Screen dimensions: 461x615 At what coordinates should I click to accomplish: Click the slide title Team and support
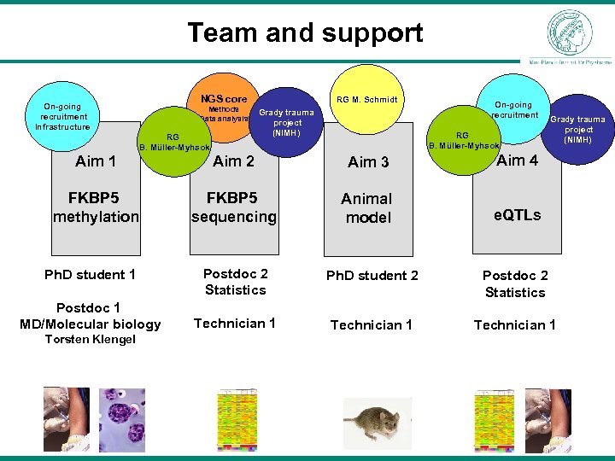(305, 33)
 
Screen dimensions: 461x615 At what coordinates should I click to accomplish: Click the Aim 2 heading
(233, 160)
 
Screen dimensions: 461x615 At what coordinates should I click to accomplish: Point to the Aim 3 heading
(368, 162)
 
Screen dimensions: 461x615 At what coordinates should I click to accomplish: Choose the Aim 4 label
(517, 160)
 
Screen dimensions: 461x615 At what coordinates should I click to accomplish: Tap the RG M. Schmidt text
(366, 100)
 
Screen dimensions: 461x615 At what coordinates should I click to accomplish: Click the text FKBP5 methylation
(96, 207)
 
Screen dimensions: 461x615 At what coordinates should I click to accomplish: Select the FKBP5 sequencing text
(233, 207)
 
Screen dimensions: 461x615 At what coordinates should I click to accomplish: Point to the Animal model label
(366, 208)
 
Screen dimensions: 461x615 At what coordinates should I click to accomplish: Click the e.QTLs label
(517, 215)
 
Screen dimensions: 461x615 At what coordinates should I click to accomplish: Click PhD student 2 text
(372, 275)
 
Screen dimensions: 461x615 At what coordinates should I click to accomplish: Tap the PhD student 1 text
(90, 274)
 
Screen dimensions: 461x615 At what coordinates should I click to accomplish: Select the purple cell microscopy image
(122, 418)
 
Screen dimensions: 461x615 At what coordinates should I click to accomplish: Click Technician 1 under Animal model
(371, 324)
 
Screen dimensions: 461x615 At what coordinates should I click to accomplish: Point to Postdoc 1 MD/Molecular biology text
(90, 315)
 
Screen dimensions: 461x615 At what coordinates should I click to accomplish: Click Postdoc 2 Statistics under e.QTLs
(514, 283)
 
